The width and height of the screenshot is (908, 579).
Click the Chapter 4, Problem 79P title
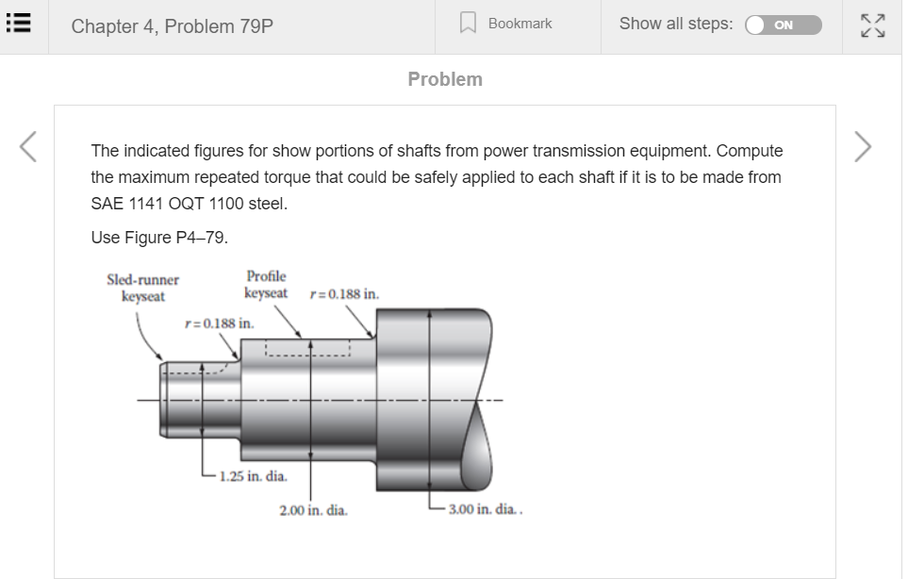173,26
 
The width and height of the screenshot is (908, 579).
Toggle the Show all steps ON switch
783,25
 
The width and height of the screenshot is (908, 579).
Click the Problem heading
445,79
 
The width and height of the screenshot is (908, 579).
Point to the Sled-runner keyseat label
143,288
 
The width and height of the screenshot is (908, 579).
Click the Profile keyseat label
266,285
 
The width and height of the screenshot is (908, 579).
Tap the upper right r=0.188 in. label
345,294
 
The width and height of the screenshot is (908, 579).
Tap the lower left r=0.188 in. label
219,323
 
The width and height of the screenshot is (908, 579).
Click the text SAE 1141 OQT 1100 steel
189,204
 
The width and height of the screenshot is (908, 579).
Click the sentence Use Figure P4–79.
159,238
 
